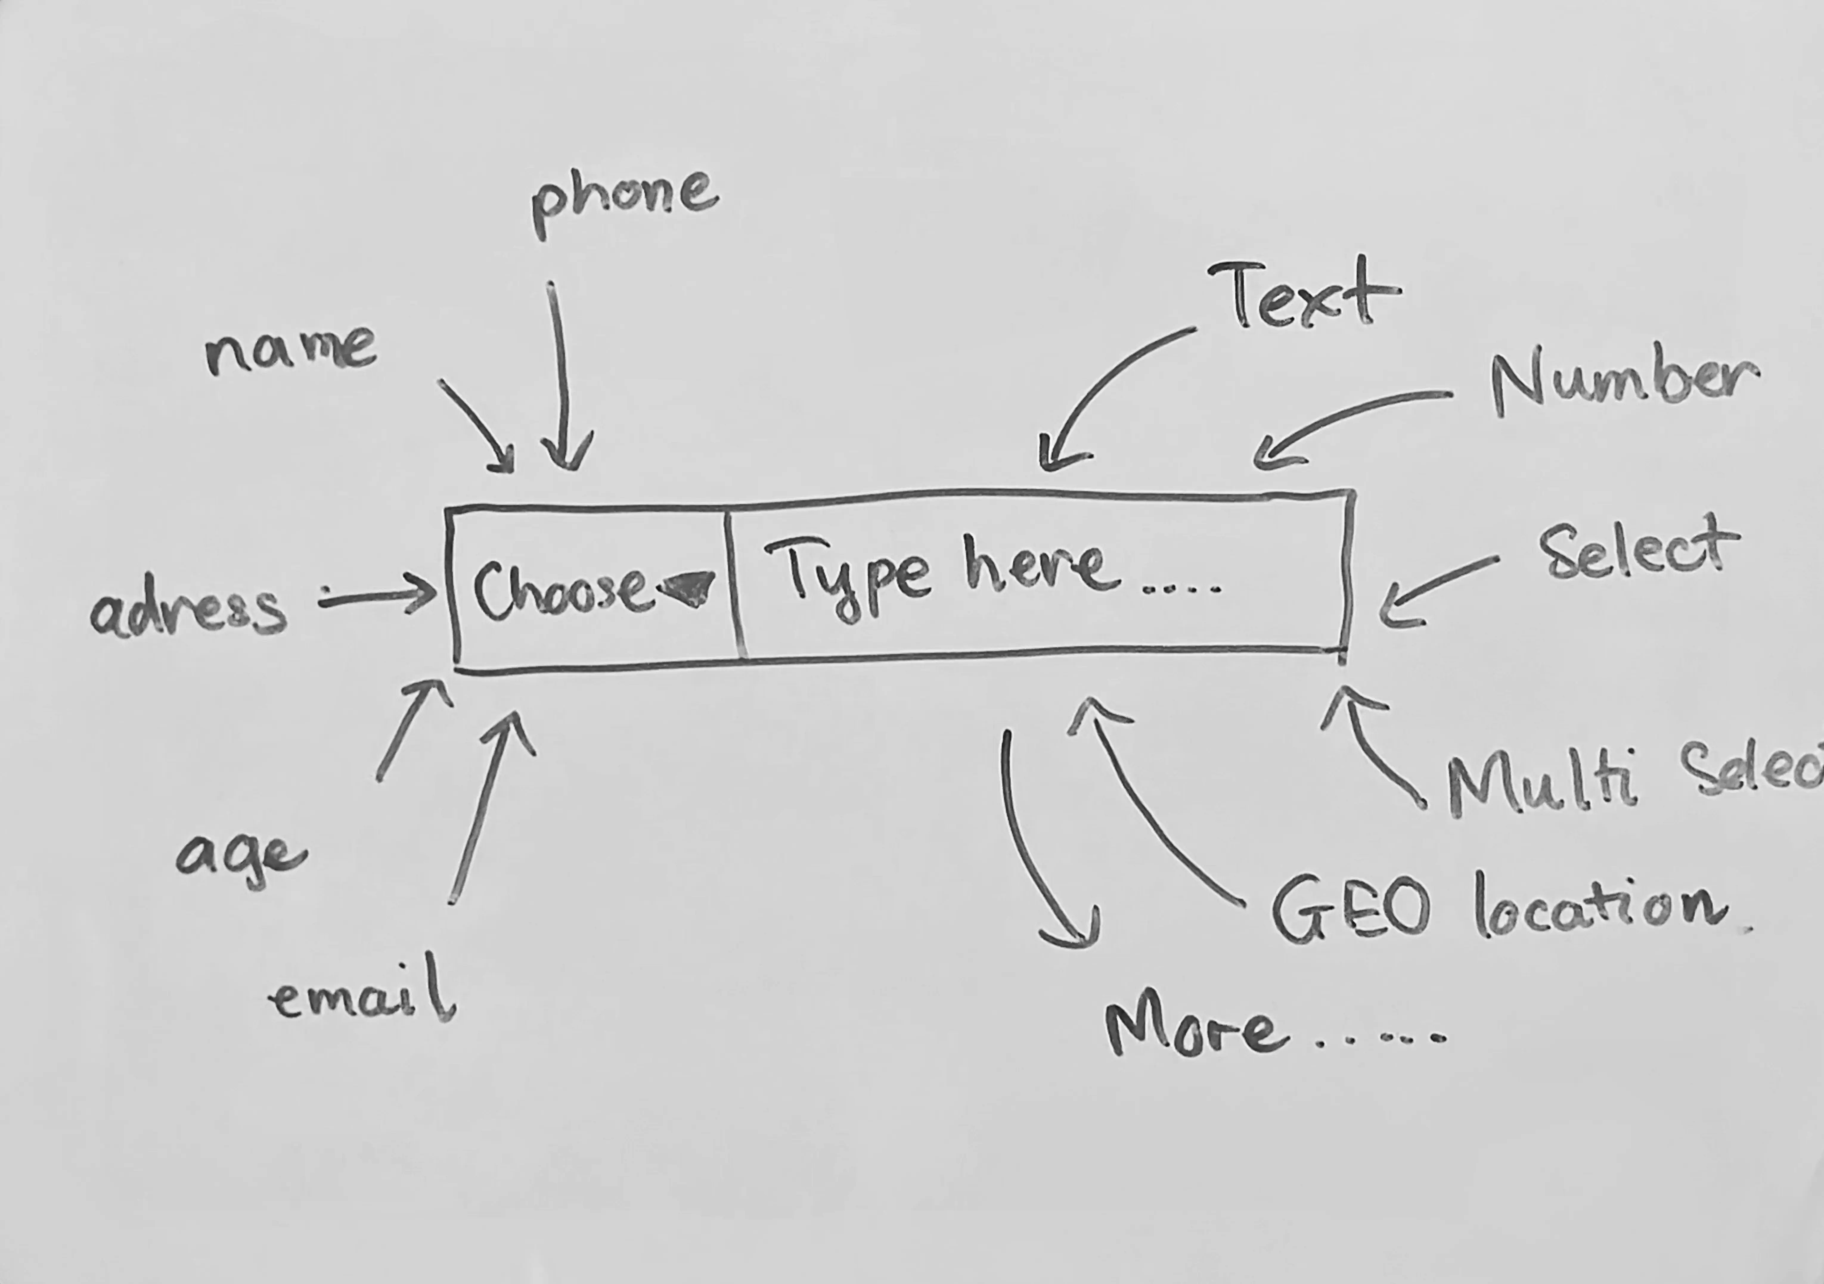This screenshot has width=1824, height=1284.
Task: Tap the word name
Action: [x=291, y=349]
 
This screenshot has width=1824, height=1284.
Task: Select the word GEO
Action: [x=1350, y=909]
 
